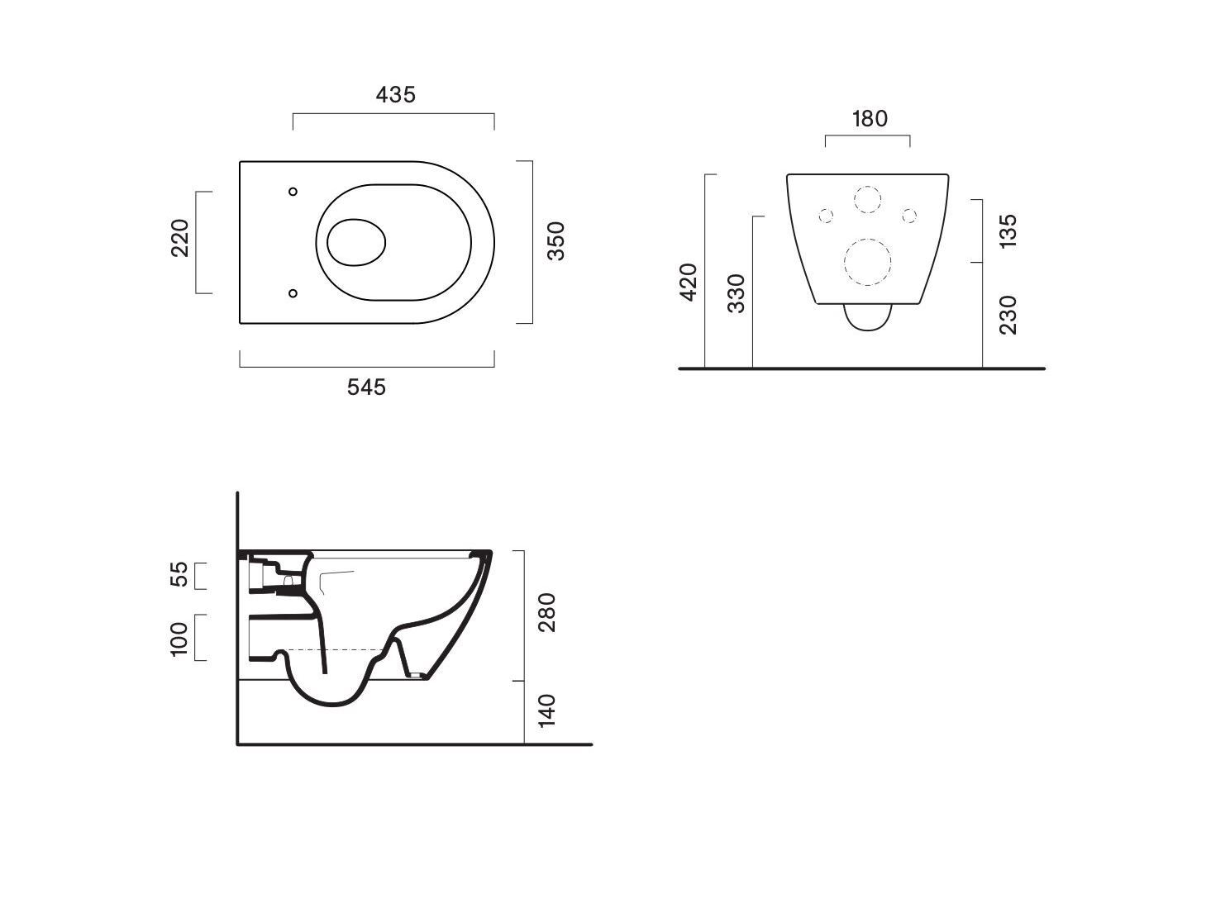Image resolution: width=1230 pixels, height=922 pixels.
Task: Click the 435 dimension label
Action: click(x=396, y=95)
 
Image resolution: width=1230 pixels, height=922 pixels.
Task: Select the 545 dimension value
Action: click(x=366, y=387)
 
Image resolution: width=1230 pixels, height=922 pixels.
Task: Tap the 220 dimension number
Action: click(x=180, y=238)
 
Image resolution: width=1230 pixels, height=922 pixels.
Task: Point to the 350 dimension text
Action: click(x=556, y=241)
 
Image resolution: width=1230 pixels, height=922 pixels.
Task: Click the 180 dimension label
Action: click(x=870, y=119)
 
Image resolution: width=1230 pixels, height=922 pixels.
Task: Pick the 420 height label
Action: click(x=688, y=283)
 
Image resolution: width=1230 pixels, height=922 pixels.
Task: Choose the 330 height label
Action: click(x=736, y=293)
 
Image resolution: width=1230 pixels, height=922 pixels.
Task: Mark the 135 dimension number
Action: click(x=1008, y=230)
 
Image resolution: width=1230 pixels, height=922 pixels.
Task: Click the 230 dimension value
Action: click(x=1008, y=315)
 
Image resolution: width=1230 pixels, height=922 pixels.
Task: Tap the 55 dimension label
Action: click(x=179, y=574)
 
